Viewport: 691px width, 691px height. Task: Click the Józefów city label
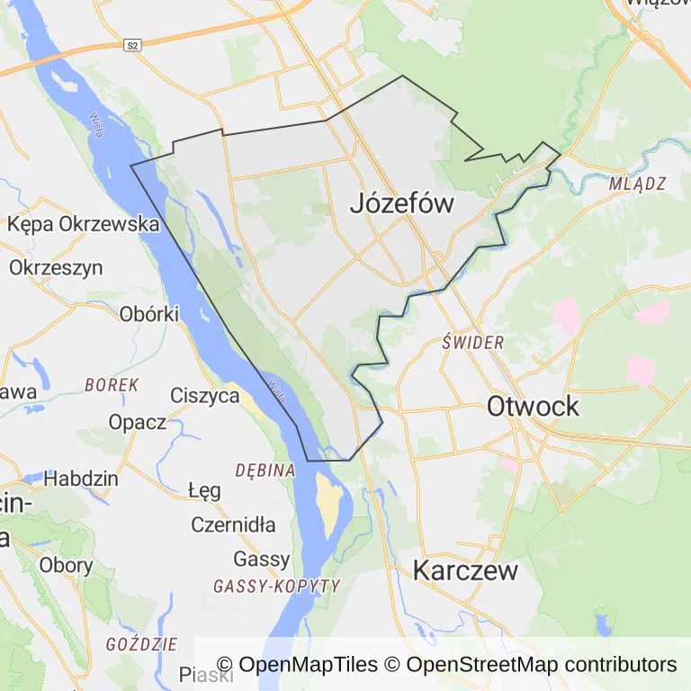[401, 204]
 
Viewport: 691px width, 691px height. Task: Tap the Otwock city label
[533, 406]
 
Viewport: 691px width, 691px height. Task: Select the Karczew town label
[465, 570]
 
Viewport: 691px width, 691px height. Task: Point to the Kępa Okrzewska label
[84, 224]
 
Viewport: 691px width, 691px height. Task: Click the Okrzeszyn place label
[56, 267]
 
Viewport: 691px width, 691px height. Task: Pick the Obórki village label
[149, 314]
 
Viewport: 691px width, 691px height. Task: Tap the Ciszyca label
[205, 395]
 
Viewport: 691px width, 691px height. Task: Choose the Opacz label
[138, 421]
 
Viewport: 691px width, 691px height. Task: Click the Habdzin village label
[81, 478]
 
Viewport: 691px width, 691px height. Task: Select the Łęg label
[204, 490]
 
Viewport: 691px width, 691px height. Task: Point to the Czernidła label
[234, 525]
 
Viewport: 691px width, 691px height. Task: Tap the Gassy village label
[262, 559]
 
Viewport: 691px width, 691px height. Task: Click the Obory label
[67, 565]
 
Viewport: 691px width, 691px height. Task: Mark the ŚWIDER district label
[473, 343]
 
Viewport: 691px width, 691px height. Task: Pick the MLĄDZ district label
[637, 184]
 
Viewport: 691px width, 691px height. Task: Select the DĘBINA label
[265, 470]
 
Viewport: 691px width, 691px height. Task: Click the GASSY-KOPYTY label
[276, 586]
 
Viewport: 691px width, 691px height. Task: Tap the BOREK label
[112, 384]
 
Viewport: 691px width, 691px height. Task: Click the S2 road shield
[133, 45]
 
